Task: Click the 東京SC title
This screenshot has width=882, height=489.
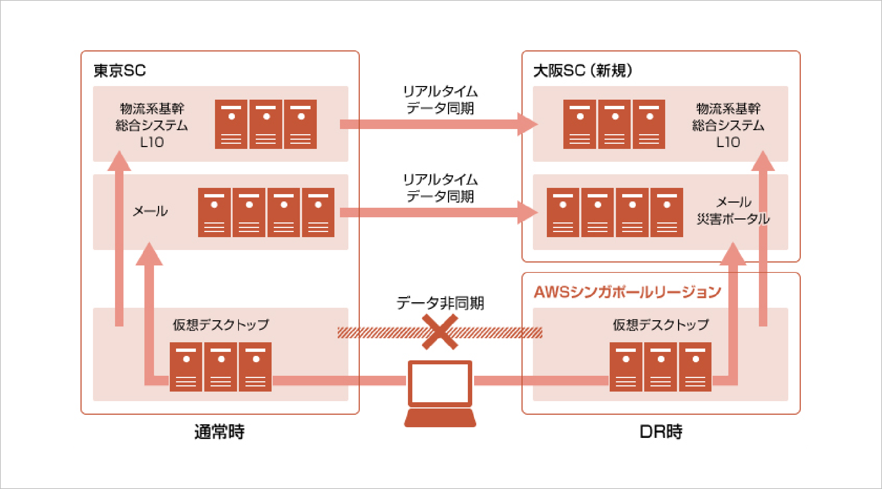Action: (x=120, y=71)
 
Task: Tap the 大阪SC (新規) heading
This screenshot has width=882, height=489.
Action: (x=582, y=71)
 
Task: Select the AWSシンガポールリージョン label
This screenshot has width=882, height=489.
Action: (x=627, y=292)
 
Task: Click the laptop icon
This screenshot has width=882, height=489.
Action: (x=440, y=393)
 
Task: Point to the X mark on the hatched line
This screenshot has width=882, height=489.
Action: (x=440, y=332)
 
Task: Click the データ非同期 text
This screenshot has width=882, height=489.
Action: (x=440, y=303)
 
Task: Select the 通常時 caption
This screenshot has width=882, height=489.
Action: (x=219, y=432)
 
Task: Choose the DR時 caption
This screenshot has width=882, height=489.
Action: (x=661, y=432)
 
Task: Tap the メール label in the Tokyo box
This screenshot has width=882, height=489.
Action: (x=150, y=211)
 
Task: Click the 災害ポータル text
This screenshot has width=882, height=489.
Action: (x=733, y=219)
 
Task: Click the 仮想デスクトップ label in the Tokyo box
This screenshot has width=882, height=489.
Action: (x=221, y=325)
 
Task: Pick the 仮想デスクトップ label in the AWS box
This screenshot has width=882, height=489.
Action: (x=661, y=325)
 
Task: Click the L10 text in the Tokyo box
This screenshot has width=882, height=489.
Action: (x=152, y=142)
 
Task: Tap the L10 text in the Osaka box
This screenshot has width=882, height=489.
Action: (x=728, y=142)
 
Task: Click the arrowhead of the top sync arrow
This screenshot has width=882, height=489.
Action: (x=528, y=124)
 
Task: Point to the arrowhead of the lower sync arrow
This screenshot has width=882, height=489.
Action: (x=528, y=213)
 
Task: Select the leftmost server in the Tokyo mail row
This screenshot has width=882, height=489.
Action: (x=214, y=213)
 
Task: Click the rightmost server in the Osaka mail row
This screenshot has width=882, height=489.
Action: (x=667, y=213)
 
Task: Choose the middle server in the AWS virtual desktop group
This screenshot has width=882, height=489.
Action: (x=661, y=367)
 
